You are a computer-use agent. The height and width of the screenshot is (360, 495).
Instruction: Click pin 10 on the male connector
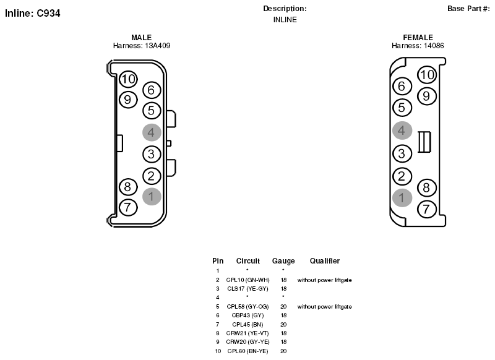pyautogui.click(x=128, y=79)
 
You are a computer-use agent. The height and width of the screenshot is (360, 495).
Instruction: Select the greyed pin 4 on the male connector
pyautogui.click(x=152, y=132)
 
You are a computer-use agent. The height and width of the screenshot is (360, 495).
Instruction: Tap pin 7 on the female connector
pyautogui.click(x=426, y=209)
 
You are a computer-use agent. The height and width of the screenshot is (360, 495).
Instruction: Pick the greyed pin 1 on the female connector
pyautogui.click(x=402, y=198)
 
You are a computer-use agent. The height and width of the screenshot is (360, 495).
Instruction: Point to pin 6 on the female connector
pyautogui.click(x=402, y=86)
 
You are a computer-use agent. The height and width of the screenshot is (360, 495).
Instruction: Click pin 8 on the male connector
pyautogui.click(x=128, y=187)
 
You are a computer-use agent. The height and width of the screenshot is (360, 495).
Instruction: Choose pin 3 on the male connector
pyautogui.click(x=152, y=154)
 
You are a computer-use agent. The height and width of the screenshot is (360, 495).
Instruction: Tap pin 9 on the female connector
pyautogui.click(x=426, y=96)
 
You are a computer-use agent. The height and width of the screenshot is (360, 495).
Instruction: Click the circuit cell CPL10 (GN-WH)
pyautogui.click(x=248, y=280)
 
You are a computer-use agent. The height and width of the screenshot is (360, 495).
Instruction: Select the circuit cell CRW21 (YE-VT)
pyautogui.click(x=247, y=333)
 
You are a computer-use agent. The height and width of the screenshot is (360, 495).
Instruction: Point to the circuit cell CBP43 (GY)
pyautogui.click(x=247, y=315)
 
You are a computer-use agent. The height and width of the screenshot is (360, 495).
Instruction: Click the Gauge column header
pyautogui.click(x=283, y=261)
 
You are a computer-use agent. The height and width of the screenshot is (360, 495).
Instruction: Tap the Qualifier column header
pyautogui.click(x=324, y=260)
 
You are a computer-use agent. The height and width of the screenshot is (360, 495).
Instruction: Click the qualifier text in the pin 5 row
pyautogui.click(x=324, y=307)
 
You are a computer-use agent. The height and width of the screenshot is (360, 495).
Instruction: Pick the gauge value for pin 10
pyautogui.click(x=283, y=351)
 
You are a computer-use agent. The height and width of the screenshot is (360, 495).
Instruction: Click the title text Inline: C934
pyautogui.click(x=33, y=13)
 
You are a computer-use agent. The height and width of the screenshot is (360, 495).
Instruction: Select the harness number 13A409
pyautogui.click(x=158, y=46)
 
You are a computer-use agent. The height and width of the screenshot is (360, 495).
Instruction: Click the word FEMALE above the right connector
pyautogui.click(x=418, y=38)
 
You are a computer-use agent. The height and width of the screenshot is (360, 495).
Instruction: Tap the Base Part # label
pyautogui.click(x=468, y=9)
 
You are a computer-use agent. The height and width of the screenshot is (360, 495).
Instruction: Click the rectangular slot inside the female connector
pyautogui.click(x=424, y=142)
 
